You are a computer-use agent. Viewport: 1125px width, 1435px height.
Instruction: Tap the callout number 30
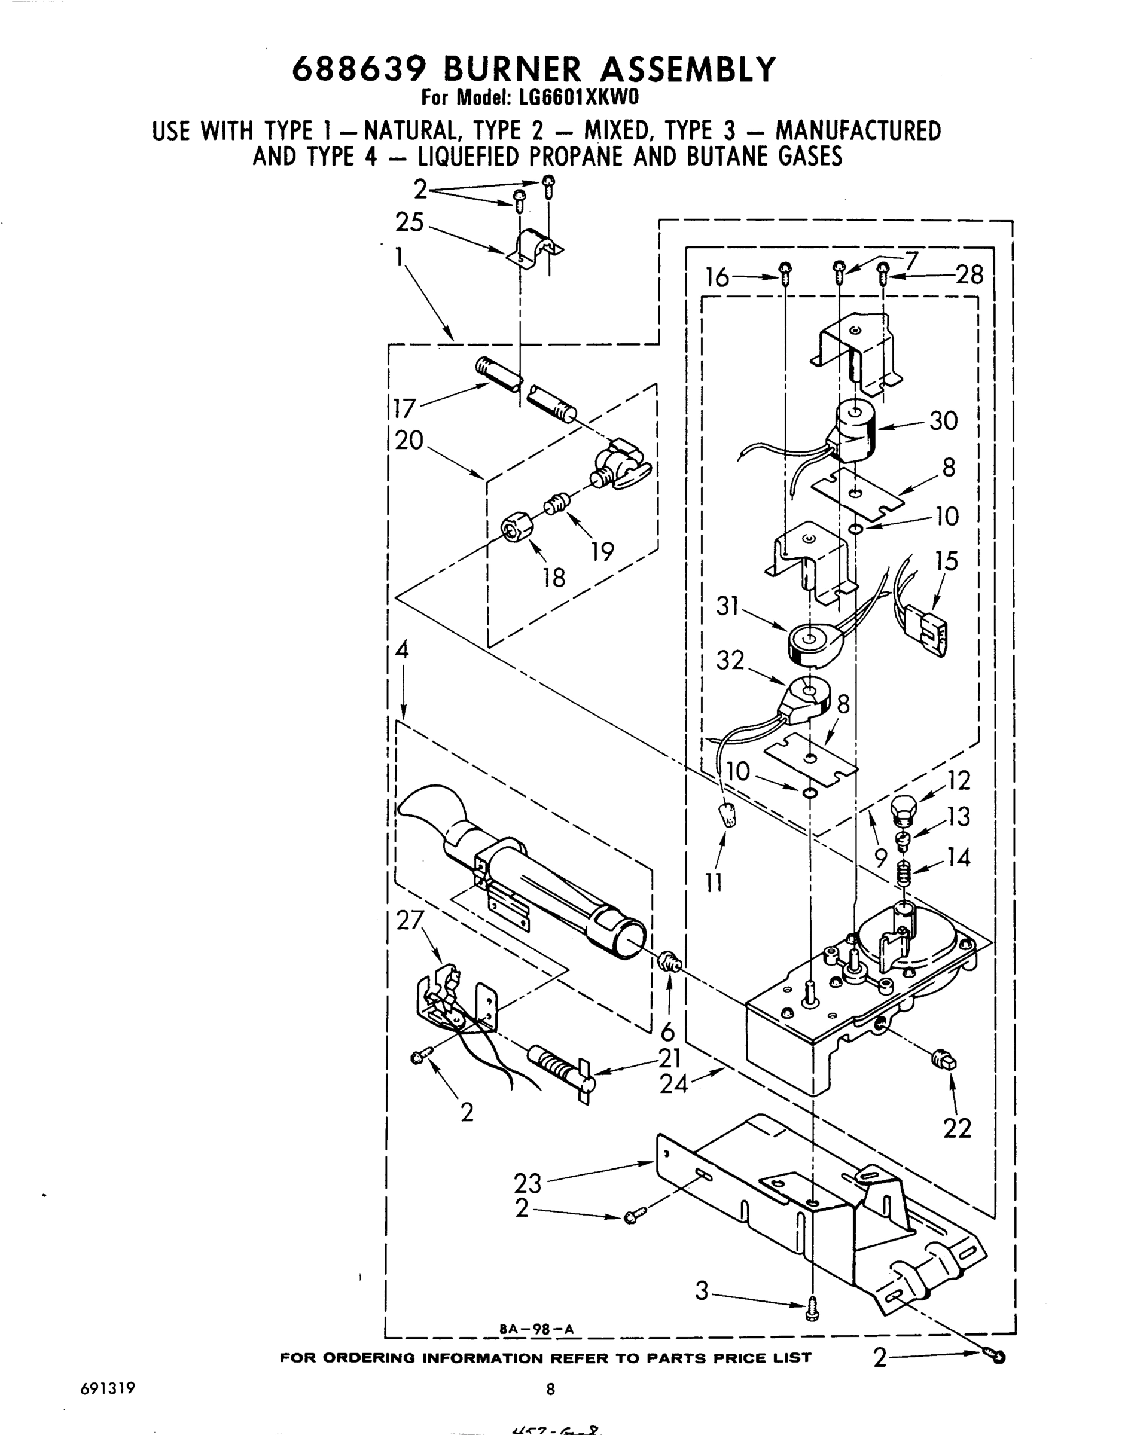(943, 420)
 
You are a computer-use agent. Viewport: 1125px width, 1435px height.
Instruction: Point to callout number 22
(957, 1129)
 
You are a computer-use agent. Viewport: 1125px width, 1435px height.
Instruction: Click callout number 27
(410, 920)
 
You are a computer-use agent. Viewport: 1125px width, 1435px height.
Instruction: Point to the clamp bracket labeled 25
(533, 248)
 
